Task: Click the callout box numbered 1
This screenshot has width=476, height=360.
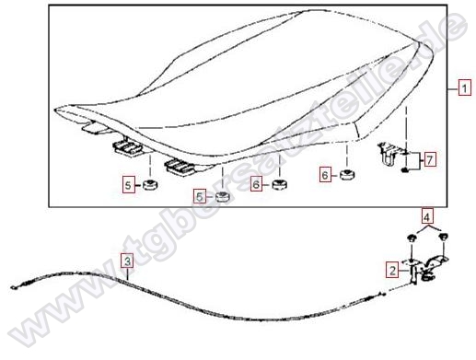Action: [x=464, y=88]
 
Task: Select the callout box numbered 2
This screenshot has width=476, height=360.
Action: [x=392, y=271]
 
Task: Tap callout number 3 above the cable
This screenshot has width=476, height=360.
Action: [x=127, y=261]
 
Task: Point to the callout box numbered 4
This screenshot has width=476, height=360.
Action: [x=427, y=216]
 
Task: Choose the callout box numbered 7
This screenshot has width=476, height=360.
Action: [x=430, y=159]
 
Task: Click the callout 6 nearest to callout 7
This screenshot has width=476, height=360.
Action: [x=325, y=175]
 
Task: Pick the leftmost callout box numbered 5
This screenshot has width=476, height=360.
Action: [x=129, y=185]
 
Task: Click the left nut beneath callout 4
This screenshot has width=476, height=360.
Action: [x=411, y=238]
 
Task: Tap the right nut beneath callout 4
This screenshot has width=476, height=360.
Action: [x=443, y=237]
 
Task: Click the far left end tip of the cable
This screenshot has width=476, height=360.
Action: [x=11, y=287]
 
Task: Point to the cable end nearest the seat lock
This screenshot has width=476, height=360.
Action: [x=383, y=295]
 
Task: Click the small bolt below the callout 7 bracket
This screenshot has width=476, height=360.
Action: [x=405, y=169]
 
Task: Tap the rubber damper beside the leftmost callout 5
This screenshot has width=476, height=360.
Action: [x=150, y=185]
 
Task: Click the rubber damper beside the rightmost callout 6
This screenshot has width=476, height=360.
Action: [x=347, y=175]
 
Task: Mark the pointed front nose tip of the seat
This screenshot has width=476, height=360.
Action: [x=55, y=110]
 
